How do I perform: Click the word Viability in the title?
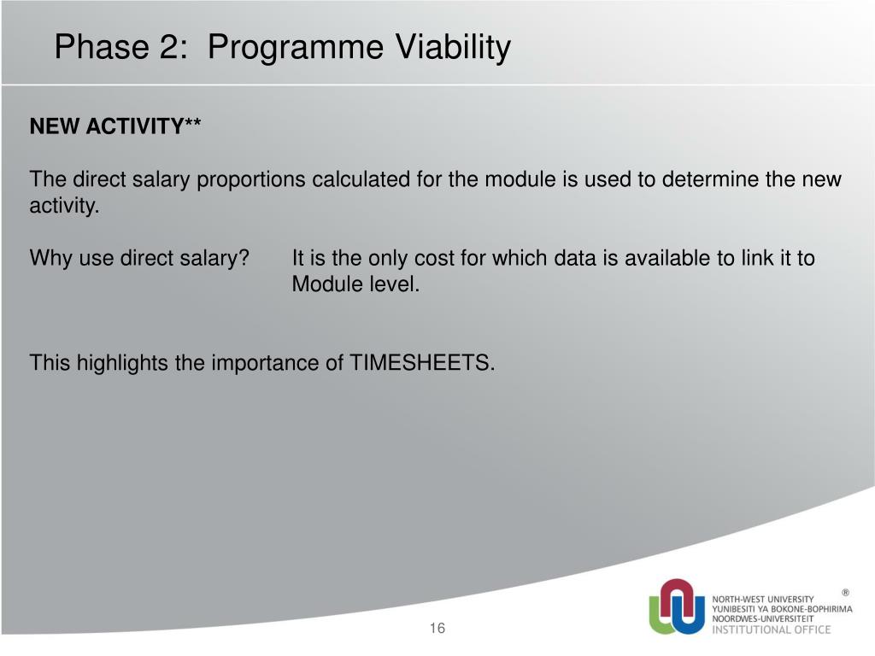453,47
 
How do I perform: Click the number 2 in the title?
169,47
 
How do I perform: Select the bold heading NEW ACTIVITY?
107,126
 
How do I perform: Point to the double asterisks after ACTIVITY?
192,122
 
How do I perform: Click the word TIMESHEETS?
422,362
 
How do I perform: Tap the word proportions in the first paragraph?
250,180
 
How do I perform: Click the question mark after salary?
244,258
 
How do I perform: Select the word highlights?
122,364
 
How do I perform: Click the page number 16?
437,628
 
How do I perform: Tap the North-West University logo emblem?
677,606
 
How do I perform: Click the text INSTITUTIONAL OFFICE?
772,630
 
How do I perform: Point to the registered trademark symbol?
845,593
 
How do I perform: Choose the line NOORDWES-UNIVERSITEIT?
762,618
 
